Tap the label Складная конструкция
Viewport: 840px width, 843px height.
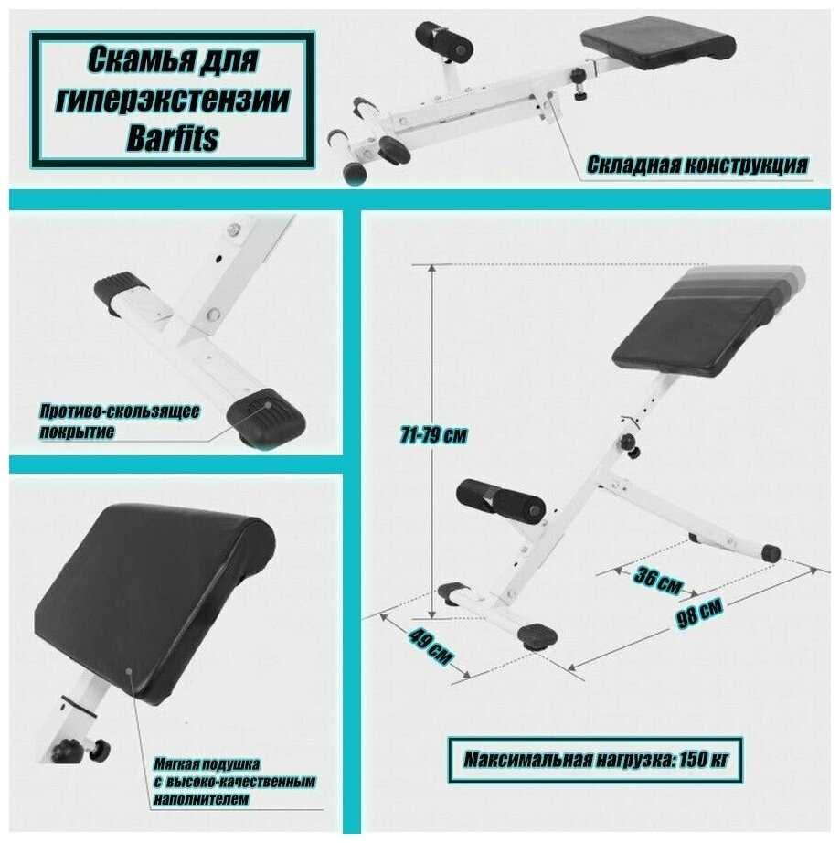coord(697,165)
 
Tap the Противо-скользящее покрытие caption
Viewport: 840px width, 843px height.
coord(119,421)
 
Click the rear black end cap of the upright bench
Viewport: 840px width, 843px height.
coord(771,552)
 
